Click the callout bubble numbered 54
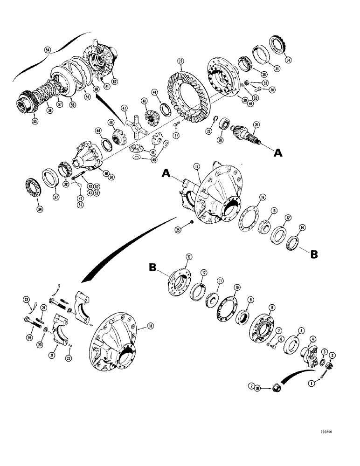pyautogui.click(x=47, y=48)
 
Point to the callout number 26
pyautogui.click(x=255, y=124)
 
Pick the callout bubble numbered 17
pyautogui.click(x=197, y=165)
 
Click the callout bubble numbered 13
pyautogui.click(x=188, y=256)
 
